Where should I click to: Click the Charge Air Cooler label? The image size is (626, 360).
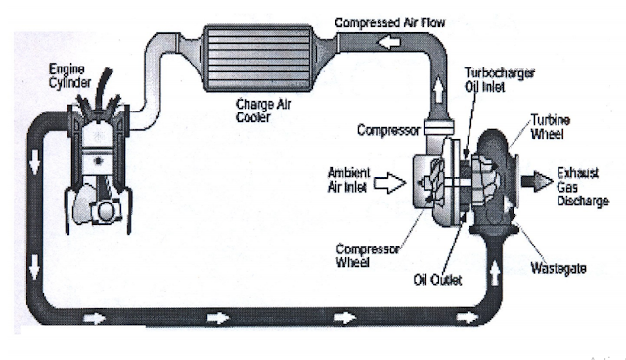click(263, 111)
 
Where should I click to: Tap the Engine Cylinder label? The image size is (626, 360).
click(69, 76)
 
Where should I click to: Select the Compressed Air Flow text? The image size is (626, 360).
click(389, 22)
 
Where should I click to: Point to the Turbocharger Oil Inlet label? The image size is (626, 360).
click(499, 80)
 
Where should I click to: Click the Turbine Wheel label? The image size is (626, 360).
click(550, 127)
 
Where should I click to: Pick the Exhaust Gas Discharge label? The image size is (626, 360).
click(583, 187)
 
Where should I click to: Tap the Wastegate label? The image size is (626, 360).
click(559, 268)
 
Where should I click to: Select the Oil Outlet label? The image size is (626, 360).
click(437, 280)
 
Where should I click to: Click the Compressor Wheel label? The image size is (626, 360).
click(368, 255)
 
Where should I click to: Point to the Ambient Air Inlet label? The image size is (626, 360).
click(348, 180)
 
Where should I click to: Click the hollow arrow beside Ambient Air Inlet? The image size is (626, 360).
click(389, 184)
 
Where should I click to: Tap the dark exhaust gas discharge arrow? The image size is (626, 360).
click(537, 181)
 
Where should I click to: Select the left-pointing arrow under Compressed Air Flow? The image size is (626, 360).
click(389, 42)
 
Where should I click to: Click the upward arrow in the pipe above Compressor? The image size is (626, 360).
click(438, 90)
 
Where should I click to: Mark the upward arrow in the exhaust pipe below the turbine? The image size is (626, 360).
click(494, 273)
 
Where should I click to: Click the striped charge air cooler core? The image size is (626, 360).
click(258, 59)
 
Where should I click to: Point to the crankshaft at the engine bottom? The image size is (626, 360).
click(105, 210)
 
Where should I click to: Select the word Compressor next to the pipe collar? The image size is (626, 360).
click(388, 130)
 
